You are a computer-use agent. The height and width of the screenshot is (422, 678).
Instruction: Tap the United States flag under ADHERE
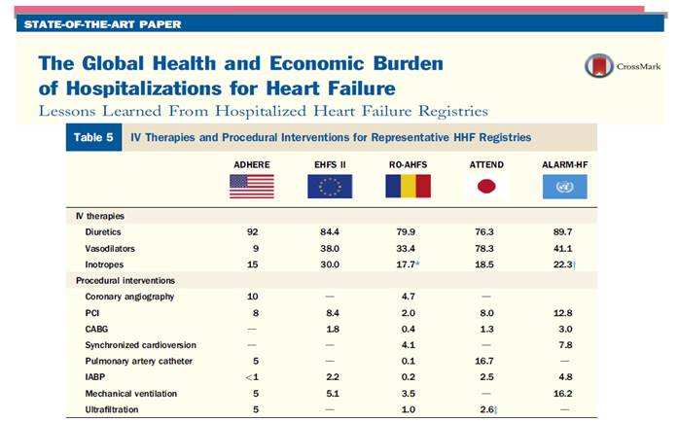point(252,186)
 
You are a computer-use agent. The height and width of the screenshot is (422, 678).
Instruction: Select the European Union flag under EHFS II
point(330,186)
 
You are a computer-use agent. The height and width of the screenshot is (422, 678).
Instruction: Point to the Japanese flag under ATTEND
point(486,186)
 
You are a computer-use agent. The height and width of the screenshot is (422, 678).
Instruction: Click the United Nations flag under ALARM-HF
point(565,186)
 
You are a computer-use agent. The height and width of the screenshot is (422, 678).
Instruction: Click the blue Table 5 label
point(93,137)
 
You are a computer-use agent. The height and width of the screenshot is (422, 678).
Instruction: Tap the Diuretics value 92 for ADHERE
point(252,232)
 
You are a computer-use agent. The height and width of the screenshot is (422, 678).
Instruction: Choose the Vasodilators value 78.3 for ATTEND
point(486,248)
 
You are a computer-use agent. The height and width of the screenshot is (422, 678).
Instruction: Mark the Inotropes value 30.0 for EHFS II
point(330,264)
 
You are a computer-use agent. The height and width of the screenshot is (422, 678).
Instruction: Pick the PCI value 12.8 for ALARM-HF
point(565,313)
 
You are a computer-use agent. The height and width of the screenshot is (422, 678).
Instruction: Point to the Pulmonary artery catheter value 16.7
point(486,361)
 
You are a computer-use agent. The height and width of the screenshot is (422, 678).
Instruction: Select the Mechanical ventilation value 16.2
point(565,393)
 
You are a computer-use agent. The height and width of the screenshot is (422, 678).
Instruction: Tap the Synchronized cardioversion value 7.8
point(565,345)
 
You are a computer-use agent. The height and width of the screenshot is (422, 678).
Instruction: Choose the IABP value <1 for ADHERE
point(252,377)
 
